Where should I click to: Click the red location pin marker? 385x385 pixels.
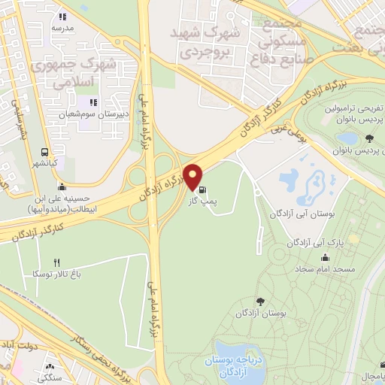(193, 176)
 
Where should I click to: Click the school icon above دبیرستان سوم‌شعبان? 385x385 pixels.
(93, 102)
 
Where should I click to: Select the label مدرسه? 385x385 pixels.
(62, 27)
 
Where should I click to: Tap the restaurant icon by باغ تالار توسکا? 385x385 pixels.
(56, 262)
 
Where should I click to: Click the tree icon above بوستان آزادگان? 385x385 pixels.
(260, 301)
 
